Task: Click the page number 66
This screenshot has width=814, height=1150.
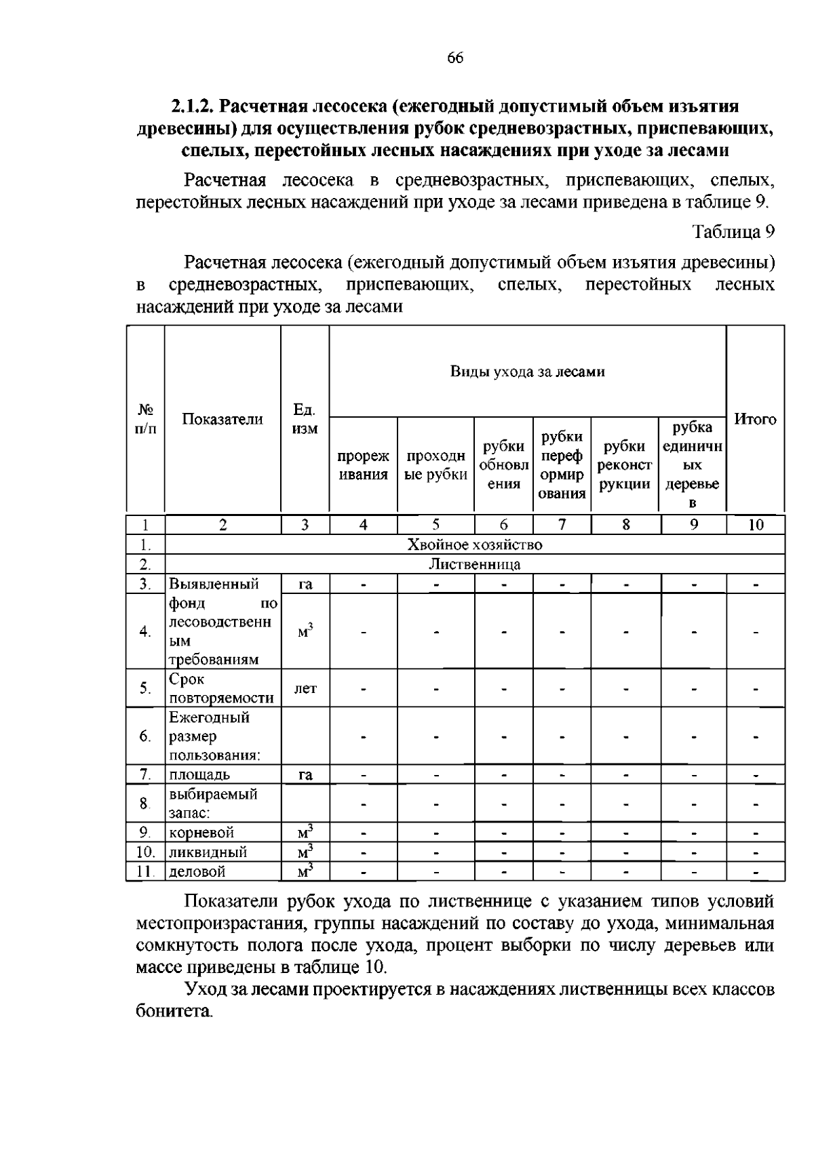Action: [454, 58]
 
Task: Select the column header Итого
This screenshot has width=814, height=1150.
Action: [755, 419]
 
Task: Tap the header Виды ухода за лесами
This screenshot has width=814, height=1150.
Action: [527, 372]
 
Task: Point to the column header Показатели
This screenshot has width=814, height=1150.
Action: [222, 419]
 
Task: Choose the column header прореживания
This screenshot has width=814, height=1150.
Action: [364, 465]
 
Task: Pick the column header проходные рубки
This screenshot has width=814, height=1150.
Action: [435, 465]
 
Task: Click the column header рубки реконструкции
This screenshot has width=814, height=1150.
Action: [625, 465]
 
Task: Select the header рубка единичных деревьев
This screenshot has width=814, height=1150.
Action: [692, 465]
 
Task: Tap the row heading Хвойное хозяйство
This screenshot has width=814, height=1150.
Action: [474, 544]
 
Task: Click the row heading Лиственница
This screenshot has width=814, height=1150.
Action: [474, 564]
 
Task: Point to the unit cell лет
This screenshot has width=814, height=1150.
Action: [305, 688]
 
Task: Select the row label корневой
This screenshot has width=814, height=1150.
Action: [201, 832]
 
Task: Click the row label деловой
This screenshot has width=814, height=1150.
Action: [197, 871]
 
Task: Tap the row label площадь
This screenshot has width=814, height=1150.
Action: [199, 774]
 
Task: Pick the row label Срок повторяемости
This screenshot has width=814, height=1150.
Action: [221, 688]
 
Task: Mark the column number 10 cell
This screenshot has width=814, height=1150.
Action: [755, 524]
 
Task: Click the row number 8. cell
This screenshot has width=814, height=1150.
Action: [144, 804]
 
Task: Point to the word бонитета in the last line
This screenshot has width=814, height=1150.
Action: [173, 1012]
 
